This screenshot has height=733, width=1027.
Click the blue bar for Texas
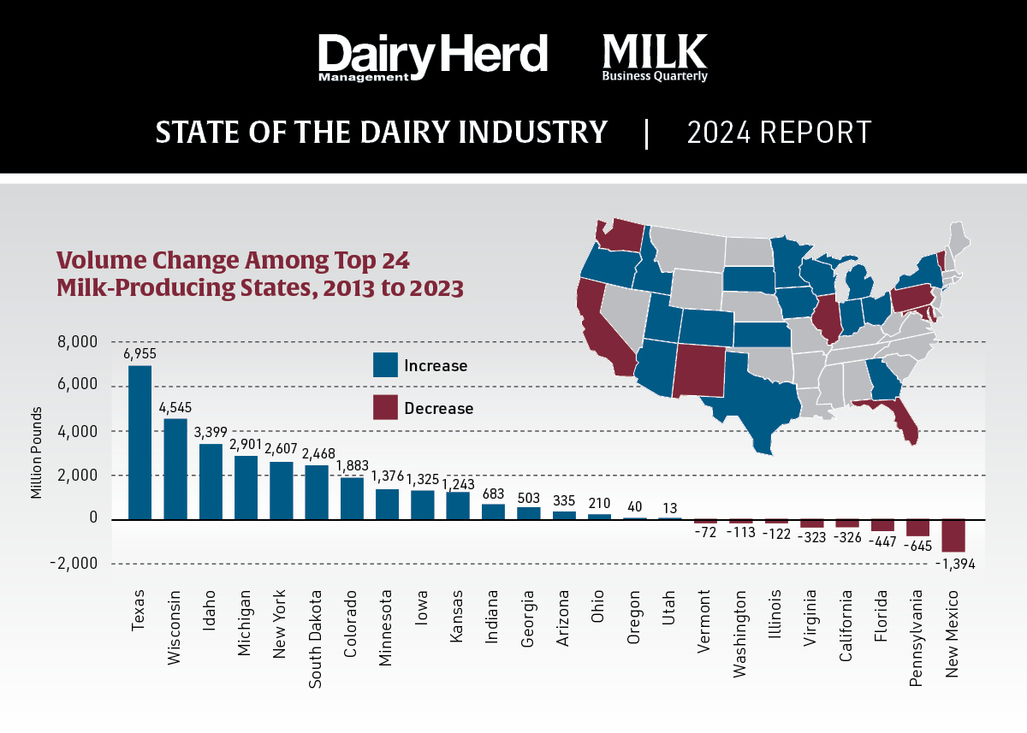click(x=140, y=442)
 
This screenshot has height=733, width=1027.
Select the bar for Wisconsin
click(x=175, y=469)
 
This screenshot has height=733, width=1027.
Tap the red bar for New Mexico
click(x=953, y=535)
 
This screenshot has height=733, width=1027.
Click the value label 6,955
click(x=140, y=353)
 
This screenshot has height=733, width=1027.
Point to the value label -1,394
click(x=953, y=565)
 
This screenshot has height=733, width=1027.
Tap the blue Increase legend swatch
click(x=385, y=365)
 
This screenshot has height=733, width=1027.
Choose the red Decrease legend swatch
click(x=385, y=408)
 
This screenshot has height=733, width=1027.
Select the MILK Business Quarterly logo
click(x=655, y=57)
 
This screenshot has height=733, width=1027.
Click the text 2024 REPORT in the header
click(x=779, y=133)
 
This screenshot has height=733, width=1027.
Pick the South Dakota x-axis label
click(x=317, y=637)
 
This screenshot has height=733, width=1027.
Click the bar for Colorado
click(x=351, y=498)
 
